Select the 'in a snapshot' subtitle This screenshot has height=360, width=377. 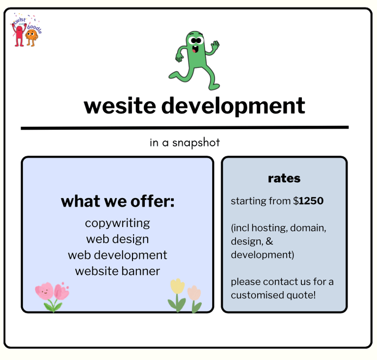pyautogui.click(x=185, y=142)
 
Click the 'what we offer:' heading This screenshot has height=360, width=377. pyautogui.click(x=117, y=201)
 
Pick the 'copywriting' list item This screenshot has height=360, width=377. pyautogui.click(x=117, y=223)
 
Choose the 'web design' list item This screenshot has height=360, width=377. pyautogui.click(x=117, y=239)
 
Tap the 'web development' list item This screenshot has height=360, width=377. pyautogui.click(x=117, y=255)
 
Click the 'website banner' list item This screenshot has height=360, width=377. pyautogui.click(x=117, y=271)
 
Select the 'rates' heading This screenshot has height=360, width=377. pyautogui.click(x=284, y=178)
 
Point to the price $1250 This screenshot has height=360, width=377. pyautogui.click(x=309, y=201)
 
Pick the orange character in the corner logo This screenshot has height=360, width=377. pyautogui.click(x=31, y=36)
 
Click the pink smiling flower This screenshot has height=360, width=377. pyautogui.click(x=44, y=291)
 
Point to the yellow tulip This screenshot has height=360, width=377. pyautogui.click(x=177, y=287)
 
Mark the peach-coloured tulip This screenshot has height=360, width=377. pyautogui.click(x=194, y=293)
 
